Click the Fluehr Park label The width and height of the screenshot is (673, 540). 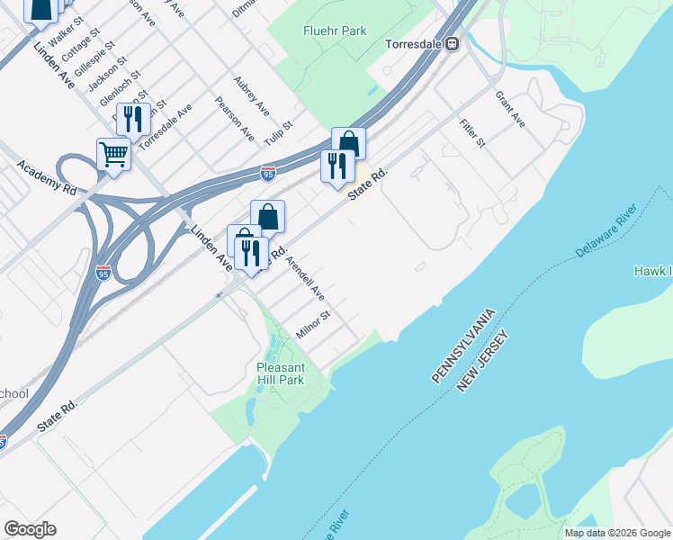(x=334, y=31)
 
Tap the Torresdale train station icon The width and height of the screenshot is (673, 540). (x=453, y=42)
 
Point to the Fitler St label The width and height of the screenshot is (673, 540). (x=471, y=132)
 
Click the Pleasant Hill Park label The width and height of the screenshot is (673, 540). (x=281, y=373)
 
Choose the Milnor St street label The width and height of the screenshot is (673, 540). (x=314, y=325)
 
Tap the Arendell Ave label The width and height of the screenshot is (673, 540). (x=304, y=279)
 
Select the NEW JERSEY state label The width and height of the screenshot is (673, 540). (x=483, y=360)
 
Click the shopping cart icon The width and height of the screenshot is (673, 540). (x=114, y=154)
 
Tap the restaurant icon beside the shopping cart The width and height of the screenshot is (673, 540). (x=133, y=120)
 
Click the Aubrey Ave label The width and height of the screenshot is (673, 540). (x=251, y=95)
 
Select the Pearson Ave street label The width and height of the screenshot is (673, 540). (x=235, y=119)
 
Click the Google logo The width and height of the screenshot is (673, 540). (x=30, y=529)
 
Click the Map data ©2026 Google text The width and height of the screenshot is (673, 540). (x=616, y=533)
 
